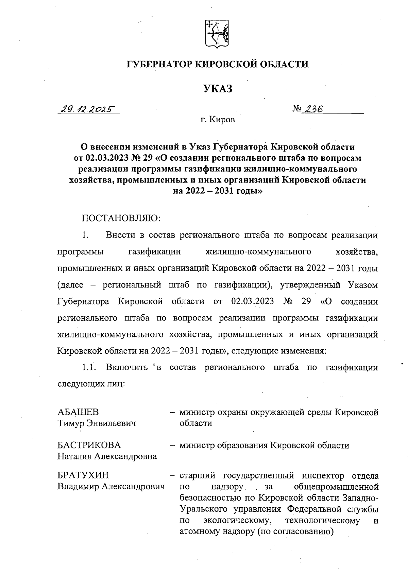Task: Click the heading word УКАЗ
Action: coord(218,89)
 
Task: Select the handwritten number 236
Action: coord(313,108)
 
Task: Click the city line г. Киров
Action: coord(218,120)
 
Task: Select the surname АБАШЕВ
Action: coord(78,412)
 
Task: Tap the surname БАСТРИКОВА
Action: coord(89,445)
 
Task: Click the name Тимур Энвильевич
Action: coord(97,423)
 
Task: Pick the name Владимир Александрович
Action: coord(111,487)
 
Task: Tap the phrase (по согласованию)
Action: coord(294,531)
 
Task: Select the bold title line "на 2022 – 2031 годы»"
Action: coord(218,191)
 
